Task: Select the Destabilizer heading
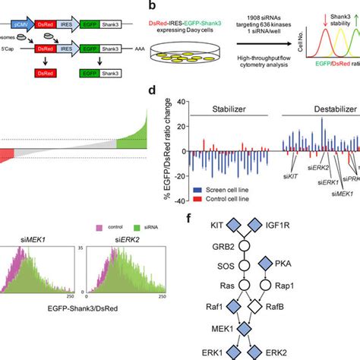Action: (320, 109)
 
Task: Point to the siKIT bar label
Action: (289, 173)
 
